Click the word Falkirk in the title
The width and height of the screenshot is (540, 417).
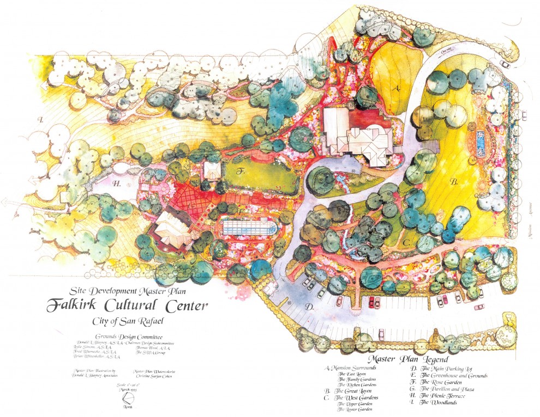pos(82,305)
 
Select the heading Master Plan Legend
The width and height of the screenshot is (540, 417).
pos(408,360)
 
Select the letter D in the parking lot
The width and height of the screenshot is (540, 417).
pos(308,308)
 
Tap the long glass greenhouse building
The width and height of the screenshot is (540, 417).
pos(248,226)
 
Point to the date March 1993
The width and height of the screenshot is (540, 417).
pos(127,390)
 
